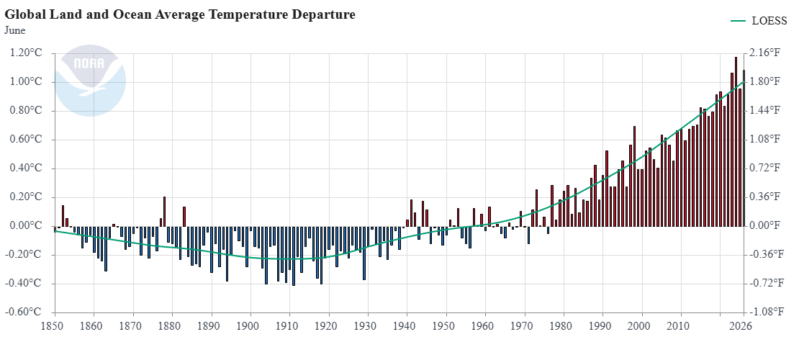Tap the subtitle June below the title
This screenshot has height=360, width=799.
click(15, 30)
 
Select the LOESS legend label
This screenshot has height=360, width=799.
click(769, 21)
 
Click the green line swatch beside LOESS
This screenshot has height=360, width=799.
click(739, 21)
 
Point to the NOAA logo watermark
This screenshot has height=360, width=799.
click(90, 81)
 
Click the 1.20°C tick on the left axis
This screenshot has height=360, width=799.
click(25, 53)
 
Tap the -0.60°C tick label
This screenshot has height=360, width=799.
click(24, 312)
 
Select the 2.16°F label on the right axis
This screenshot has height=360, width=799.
click(765, 53)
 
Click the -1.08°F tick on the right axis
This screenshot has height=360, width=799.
click(767, 312)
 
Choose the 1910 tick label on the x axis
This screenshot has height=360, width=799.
click(289, 326)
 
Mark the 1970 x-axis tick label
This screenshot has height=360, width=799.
click(524, 326)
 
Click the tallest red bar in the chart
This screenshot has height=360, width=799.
click(736, 142)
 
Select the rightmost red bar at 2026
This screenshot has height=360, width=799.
click(744, 148)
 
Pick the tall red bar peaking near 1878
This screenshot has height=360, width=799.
click(164, 212)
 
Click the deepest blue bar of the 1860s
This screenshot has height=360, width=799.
click(106, 248)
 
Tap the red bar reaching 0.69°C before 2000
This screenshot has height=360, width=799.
click(634, 176)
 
